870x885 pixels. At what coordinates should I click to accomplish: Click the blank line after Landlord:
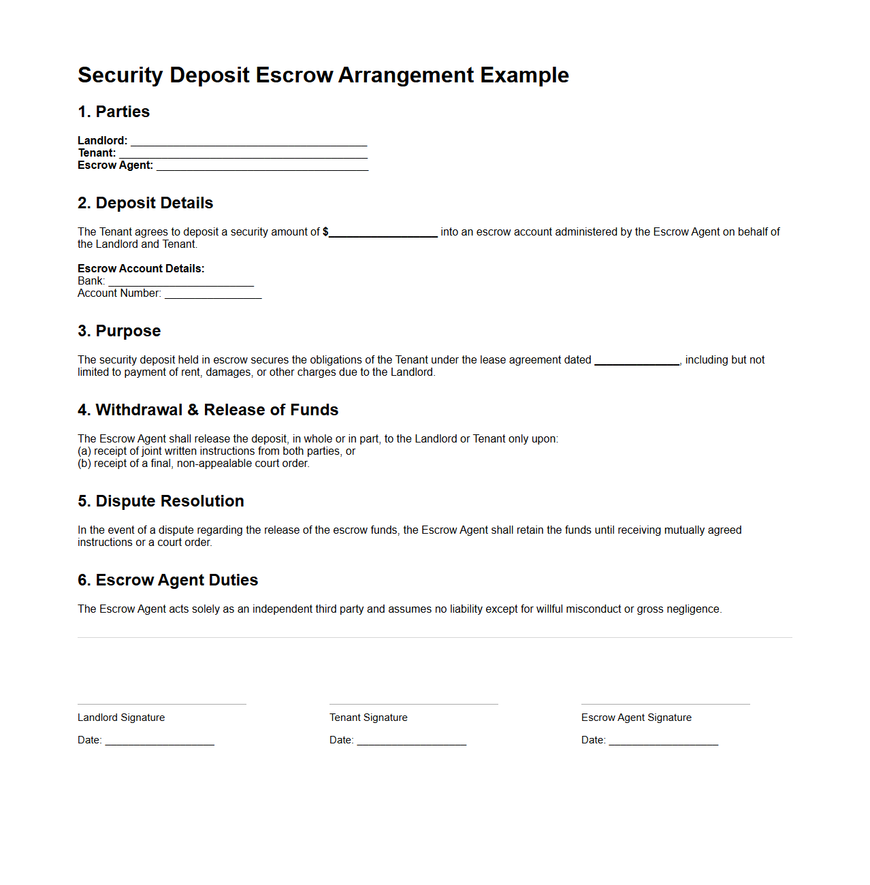pyautogui.click(x=248, y=142)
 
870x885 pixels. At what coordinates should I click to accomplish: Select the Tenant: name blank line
pyautogui.click(x=243, y=154)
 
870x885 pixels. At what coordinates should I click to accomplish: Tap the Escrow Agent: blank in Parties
pyautogui.click(x=262, y=166)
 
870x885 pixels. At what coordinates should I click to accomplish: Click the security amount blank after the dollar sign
pyautogui.click(x=383, y=233)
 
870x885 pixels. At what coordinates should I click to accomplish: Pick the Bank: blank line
pyautogui.click(x=181, y=282)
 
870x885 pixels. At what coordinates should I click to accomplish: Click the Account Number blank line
pyautogui.click(x=213, y=294)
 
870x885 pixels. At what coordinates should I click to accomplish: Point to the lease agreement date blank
pyautogui.click(x=637, y=361)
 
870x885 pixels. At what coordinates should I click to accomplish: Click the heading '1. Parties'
pyautogui.click(x=114, y=112)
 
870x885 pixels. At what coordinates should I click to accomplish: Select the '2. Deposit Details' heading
pyautogui.click(x=145, y=203)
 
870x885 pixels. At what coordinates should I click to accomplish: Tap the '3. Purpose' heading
pyautogui.click(x=119, y=331)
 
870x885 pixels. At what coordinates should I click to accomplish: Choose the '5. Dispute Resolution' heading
pyautogui.click(x=161, y=501)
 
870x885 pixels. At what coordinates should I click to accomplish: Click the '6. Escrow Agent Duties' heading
pyautogui.click(x=167, y=580)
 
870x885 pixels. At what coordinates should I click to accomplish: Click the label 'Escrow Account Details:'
pyautogui.click(x=141, y=268)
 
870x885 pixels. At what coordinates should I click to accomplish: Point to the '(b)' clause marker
pyautogui.click(x=84, y=464)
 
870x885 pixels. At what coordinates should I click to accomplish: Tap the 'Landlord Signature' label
pyautogui.click(x=121, y=718)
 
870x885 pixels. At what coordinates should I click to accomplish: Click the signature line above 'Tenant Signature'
pyautogui.click(x=414, y=704)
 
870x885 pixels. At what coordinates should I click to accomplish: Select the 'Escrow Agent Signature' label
pyautogui.click(x=637, y=718)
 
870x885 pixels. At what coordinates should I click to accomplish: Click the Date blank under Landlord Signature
pyautogui.click(x=159, y=741)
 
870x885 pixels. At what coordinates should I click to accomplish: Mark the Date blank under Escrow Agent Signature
pyautogui.click(x=664, y=741)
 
